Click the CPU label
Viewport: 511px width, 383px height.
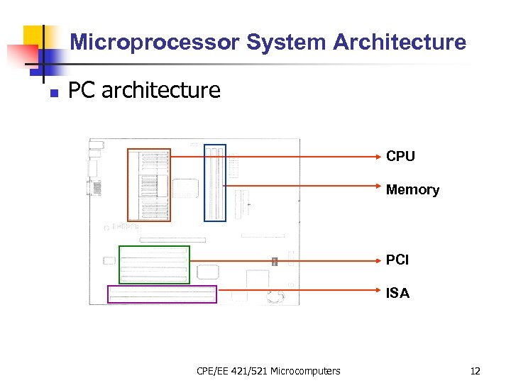(x=400, y=156)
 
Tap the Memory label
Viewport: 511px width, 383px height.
(x=412, y=189)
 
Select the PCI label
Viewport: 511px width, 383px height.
(x=397, y=260)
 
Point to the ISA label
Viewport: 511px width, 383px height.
(x=397, y=293)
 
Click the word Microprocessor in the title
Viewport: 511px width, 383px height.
(x=155, y=43)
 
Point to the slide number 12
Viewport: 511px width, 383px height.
(x=476, y=370)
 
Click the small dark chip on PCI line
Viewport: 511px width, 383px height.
(x=274, y=262)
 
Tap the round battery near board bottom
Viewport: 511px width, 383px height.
(x=275, y=297)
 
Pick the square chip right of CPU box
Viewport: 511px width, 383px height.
(x=185, y=189)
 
